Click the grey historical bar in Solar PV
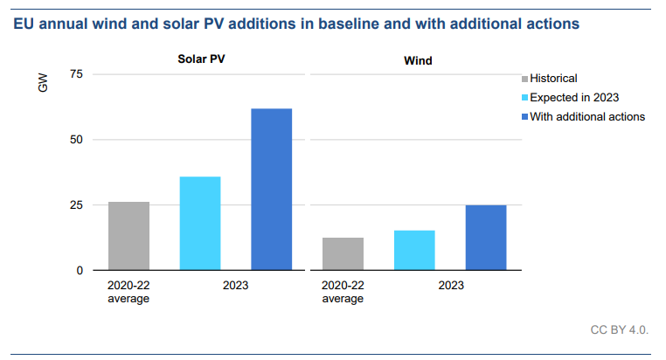pyautogui.click(x=128, y=236)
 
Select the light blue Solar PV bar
pyautogui.click(x=200, y=223)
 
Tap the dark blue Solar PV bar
pyautogui.click(x=272, y=189)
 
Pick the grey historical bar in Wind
pyautogui.click(x=343, y=253)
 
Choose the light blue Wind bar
pyautogui.click(x=414, y=250)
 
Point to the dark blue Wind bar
pyautogui.click(x=486, y=237)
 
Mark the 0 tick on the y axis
pyautogui.click(x=80, y=271)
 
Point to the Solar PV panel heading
pyautogui.click(x=199, y=59)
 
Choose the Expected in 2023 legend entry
pyautogui.click(x=574, y=97)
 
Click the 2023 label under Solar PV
pyautogui.click(x=236, y=286)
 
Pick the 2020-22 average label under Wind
pyautogui.click(x=343, y=292)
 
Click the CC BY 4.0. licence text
pyautogui.click(x=620, y=330)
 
